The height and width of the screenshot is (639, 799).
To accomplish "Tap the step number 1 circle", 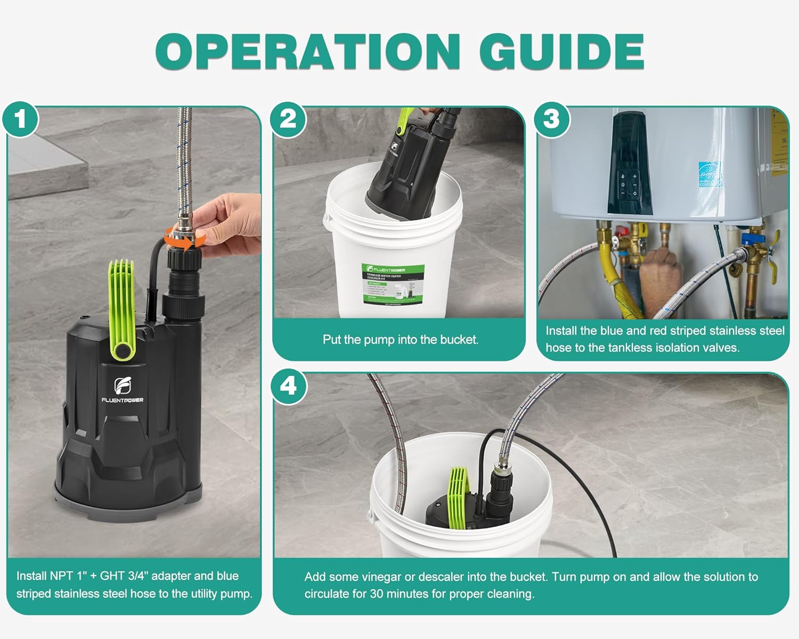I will click(x=20, y=119).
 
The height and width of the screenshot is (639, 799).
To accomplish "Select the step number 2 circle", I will click(x=288, y=119).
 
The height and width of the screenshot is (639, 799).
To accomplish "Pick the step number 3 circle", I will click(x=551, y=119).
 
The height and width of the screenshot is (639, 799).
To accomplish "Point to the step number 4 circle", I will click(x=288, y=386).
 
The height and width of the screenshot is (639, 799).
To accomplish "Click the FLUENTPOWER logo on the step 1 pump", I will click(x=123, y=389).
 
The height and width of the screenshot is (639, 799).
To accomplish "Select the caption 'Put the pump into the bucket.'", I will click(x=400, y=340).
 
